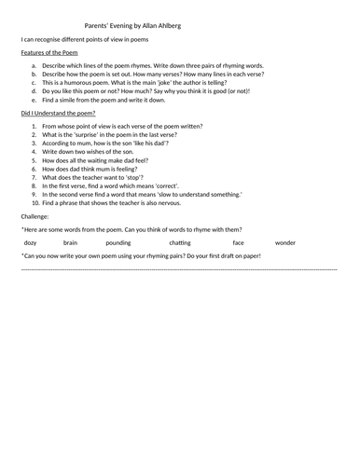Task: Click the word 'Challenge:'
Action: click(36, 216)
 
